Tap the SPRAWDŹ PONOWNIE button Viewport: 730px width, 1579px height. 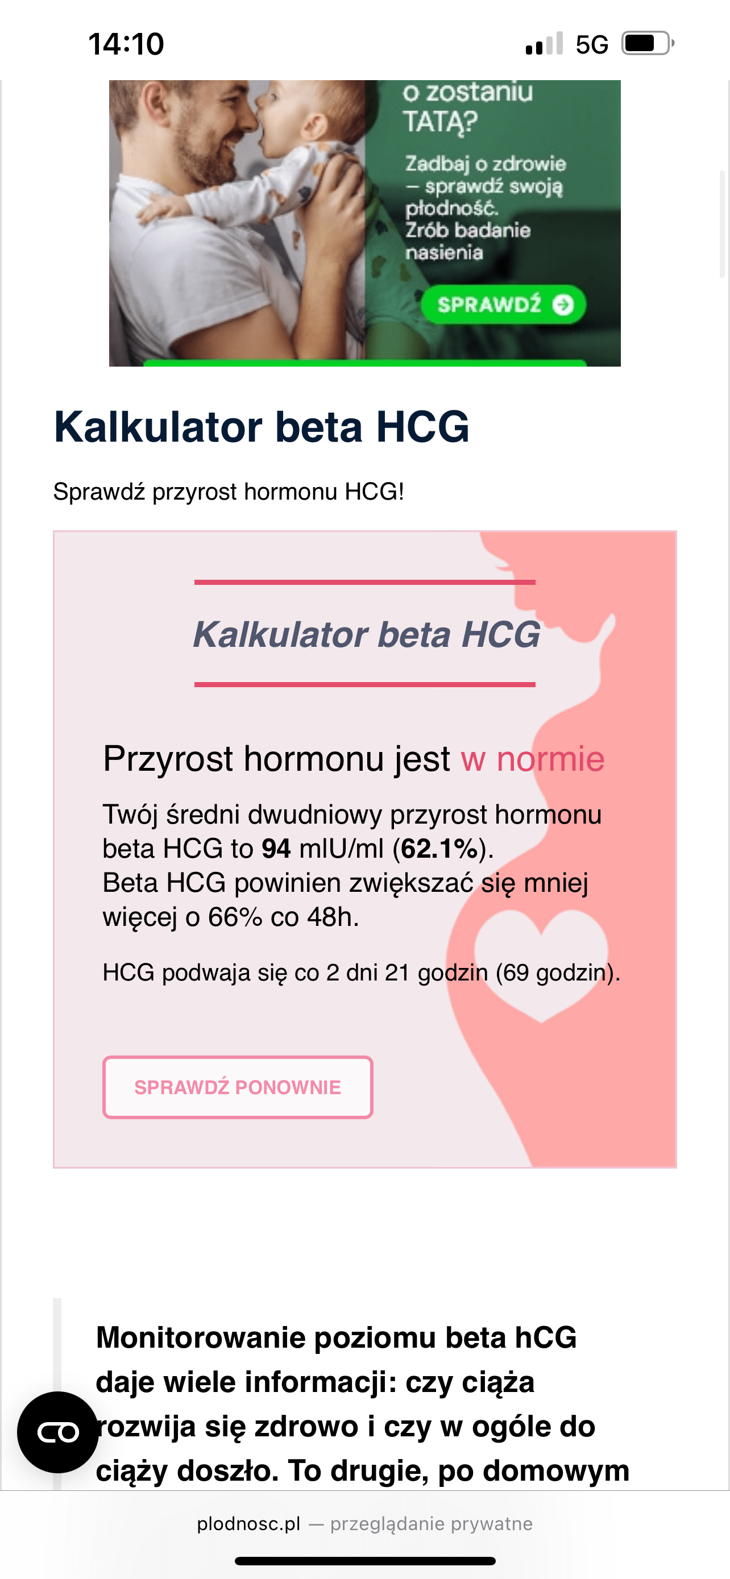238,1087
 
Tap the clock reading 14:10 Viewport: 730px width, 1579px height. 126,44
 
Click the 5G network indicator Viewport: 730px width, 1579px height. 592,44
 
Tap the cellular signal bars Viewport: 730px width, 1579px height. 544,44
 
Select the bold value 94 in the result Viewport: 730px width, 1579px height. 276,849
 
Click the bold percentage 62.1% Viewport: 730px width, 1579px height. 439,849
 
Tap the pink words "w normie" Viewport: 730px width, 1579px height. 533,759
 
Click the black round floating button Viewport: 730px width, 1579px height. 57,1432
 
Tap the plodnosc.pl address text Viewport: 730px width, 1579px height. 249,1524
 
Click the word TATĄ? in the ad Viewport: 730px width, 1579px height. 439,120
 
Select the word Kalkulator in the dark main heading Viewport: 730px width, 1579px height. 159,427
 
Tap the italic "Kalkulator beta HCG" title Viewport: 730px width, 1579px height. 367,634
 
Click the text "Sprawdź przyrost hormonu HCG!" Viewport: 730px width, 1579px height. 229,492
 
